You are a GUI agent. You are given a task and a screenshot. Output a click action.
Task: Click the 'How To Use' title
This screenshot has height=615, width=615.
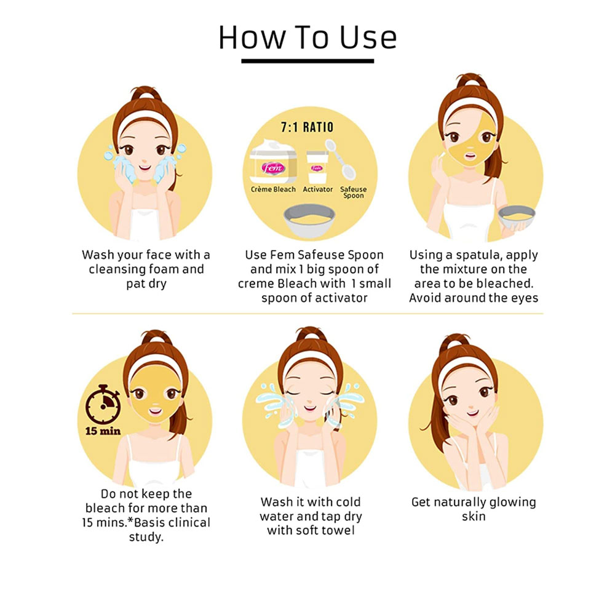307,38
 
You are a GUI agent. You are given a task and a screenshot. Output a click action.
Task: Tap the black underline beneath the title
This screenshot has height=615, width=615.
307,61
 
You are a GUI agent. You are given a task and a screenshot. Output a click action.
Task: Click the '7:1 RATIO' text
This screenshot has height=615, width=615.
307,127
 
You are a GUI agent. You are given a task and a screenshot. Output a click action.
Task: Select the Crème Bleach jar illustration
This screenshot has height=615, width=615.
273,162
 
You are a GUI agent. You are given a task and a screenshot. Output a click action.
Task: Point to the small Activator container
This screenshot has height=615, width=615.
317,167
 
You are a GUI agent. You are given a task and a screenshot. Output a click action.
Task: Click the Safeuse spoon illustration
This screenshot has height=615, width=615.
341,159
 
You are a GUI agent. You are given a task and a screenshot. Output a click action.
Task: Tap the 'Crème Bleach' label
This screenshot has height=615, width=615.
273,189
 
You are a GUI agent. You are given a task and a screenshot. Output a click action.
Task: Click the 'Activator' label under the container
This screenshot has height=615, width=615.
318,189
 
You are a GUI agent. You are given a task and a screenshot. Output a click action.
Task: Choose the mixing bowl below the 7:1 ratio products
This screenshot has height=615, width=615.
309,220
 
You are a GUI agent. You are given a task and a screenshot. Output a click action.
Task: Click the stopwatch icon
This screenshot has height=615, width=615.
103,404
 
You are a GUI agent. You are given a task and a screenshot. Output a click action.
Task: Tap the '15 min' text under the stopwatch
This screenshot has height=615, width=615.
103,431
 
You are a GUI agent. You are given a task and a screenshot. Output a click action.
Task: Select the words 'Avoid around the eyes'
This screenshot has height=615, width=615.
474,298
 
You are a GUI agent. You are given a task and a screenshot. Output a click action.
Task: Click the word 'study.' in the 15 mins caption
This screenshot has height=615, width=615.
146,537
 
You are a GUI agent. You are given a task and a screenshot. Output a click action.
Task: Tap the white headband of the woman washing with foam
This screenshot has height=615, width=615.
145,120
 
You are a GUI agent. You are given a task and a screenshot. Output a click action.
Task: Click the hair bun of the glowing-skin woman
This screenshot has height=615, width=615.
456,342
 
